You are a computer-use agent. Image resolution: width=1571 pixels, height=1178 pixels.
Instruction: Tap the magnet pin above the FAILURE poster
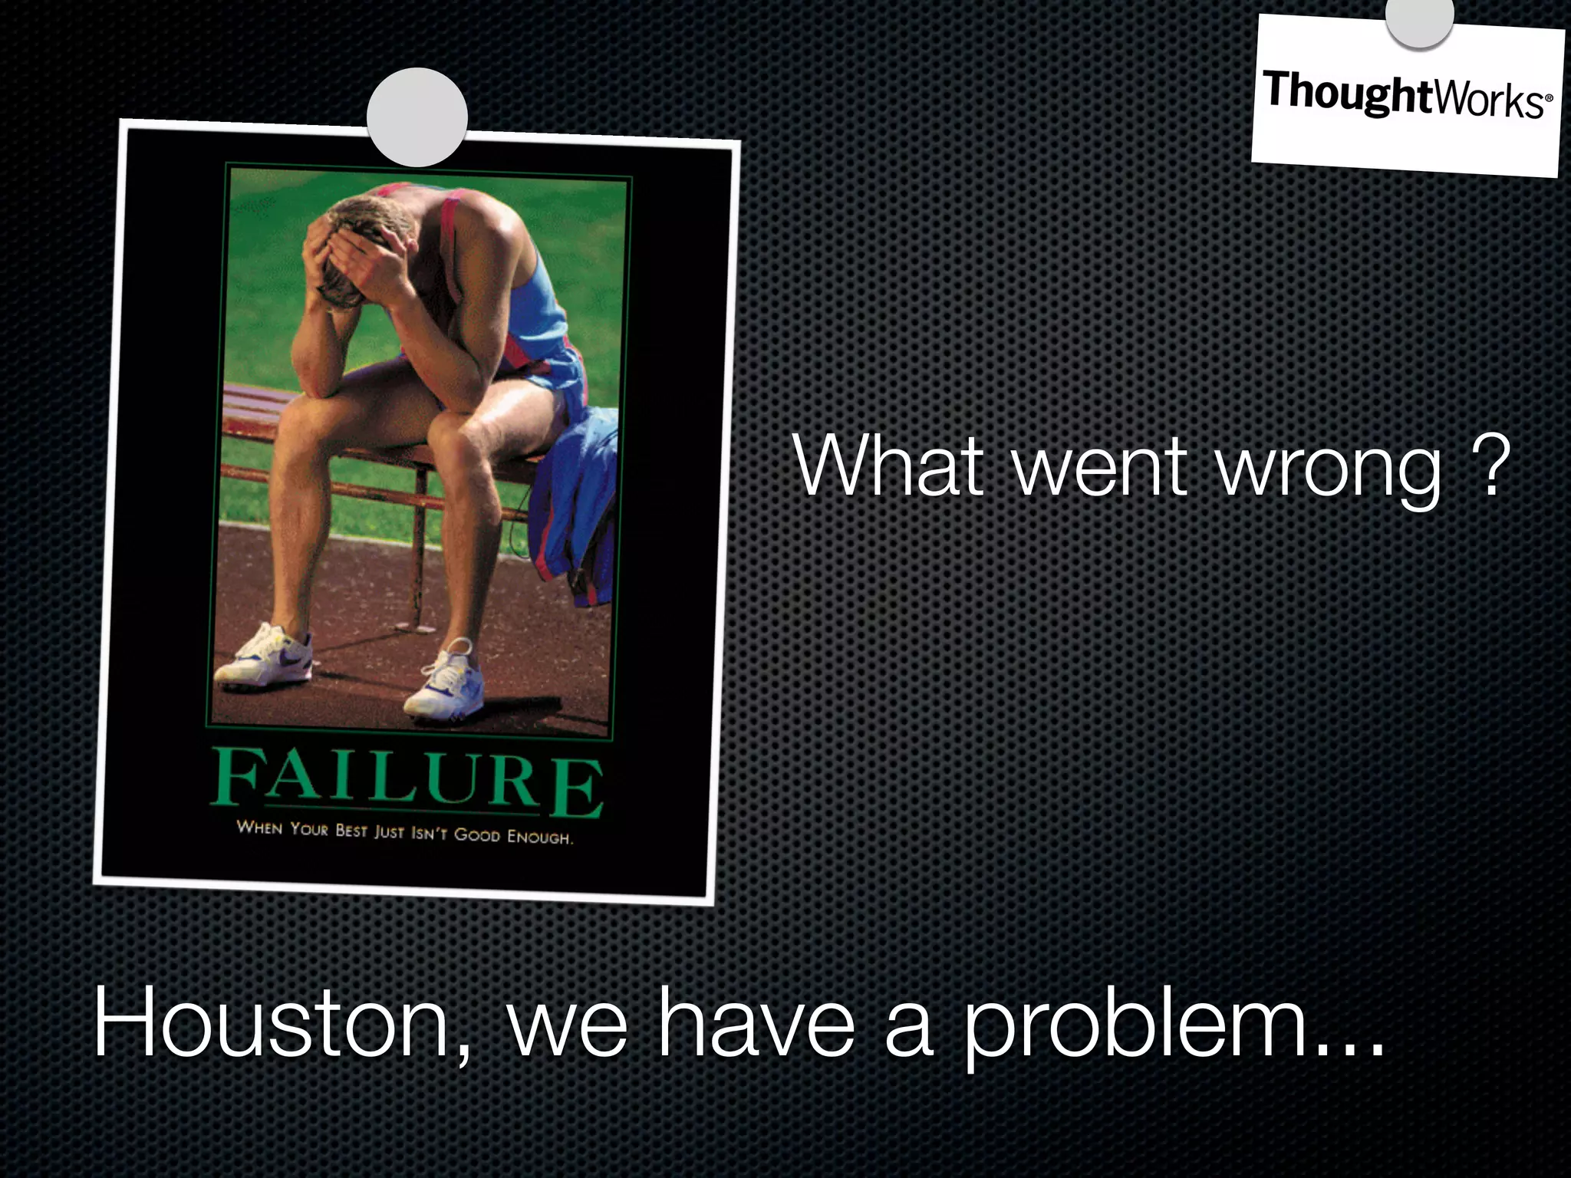(x=417, y=117)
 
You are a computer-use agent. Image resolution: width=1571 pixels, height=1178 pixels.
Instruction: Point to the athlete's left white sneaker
(x=445, y=682)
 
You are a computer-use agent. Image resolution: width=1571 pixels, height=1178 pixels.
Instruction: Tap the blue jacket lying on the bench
(x=575, y=491)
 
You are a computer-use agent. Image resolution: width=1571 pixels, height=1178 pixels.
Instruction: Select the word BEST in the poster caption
(x=351, y=831)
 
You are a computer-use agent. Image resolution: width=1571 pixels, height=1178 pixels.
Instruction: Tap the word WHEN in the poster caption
(x=259, y=828)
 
